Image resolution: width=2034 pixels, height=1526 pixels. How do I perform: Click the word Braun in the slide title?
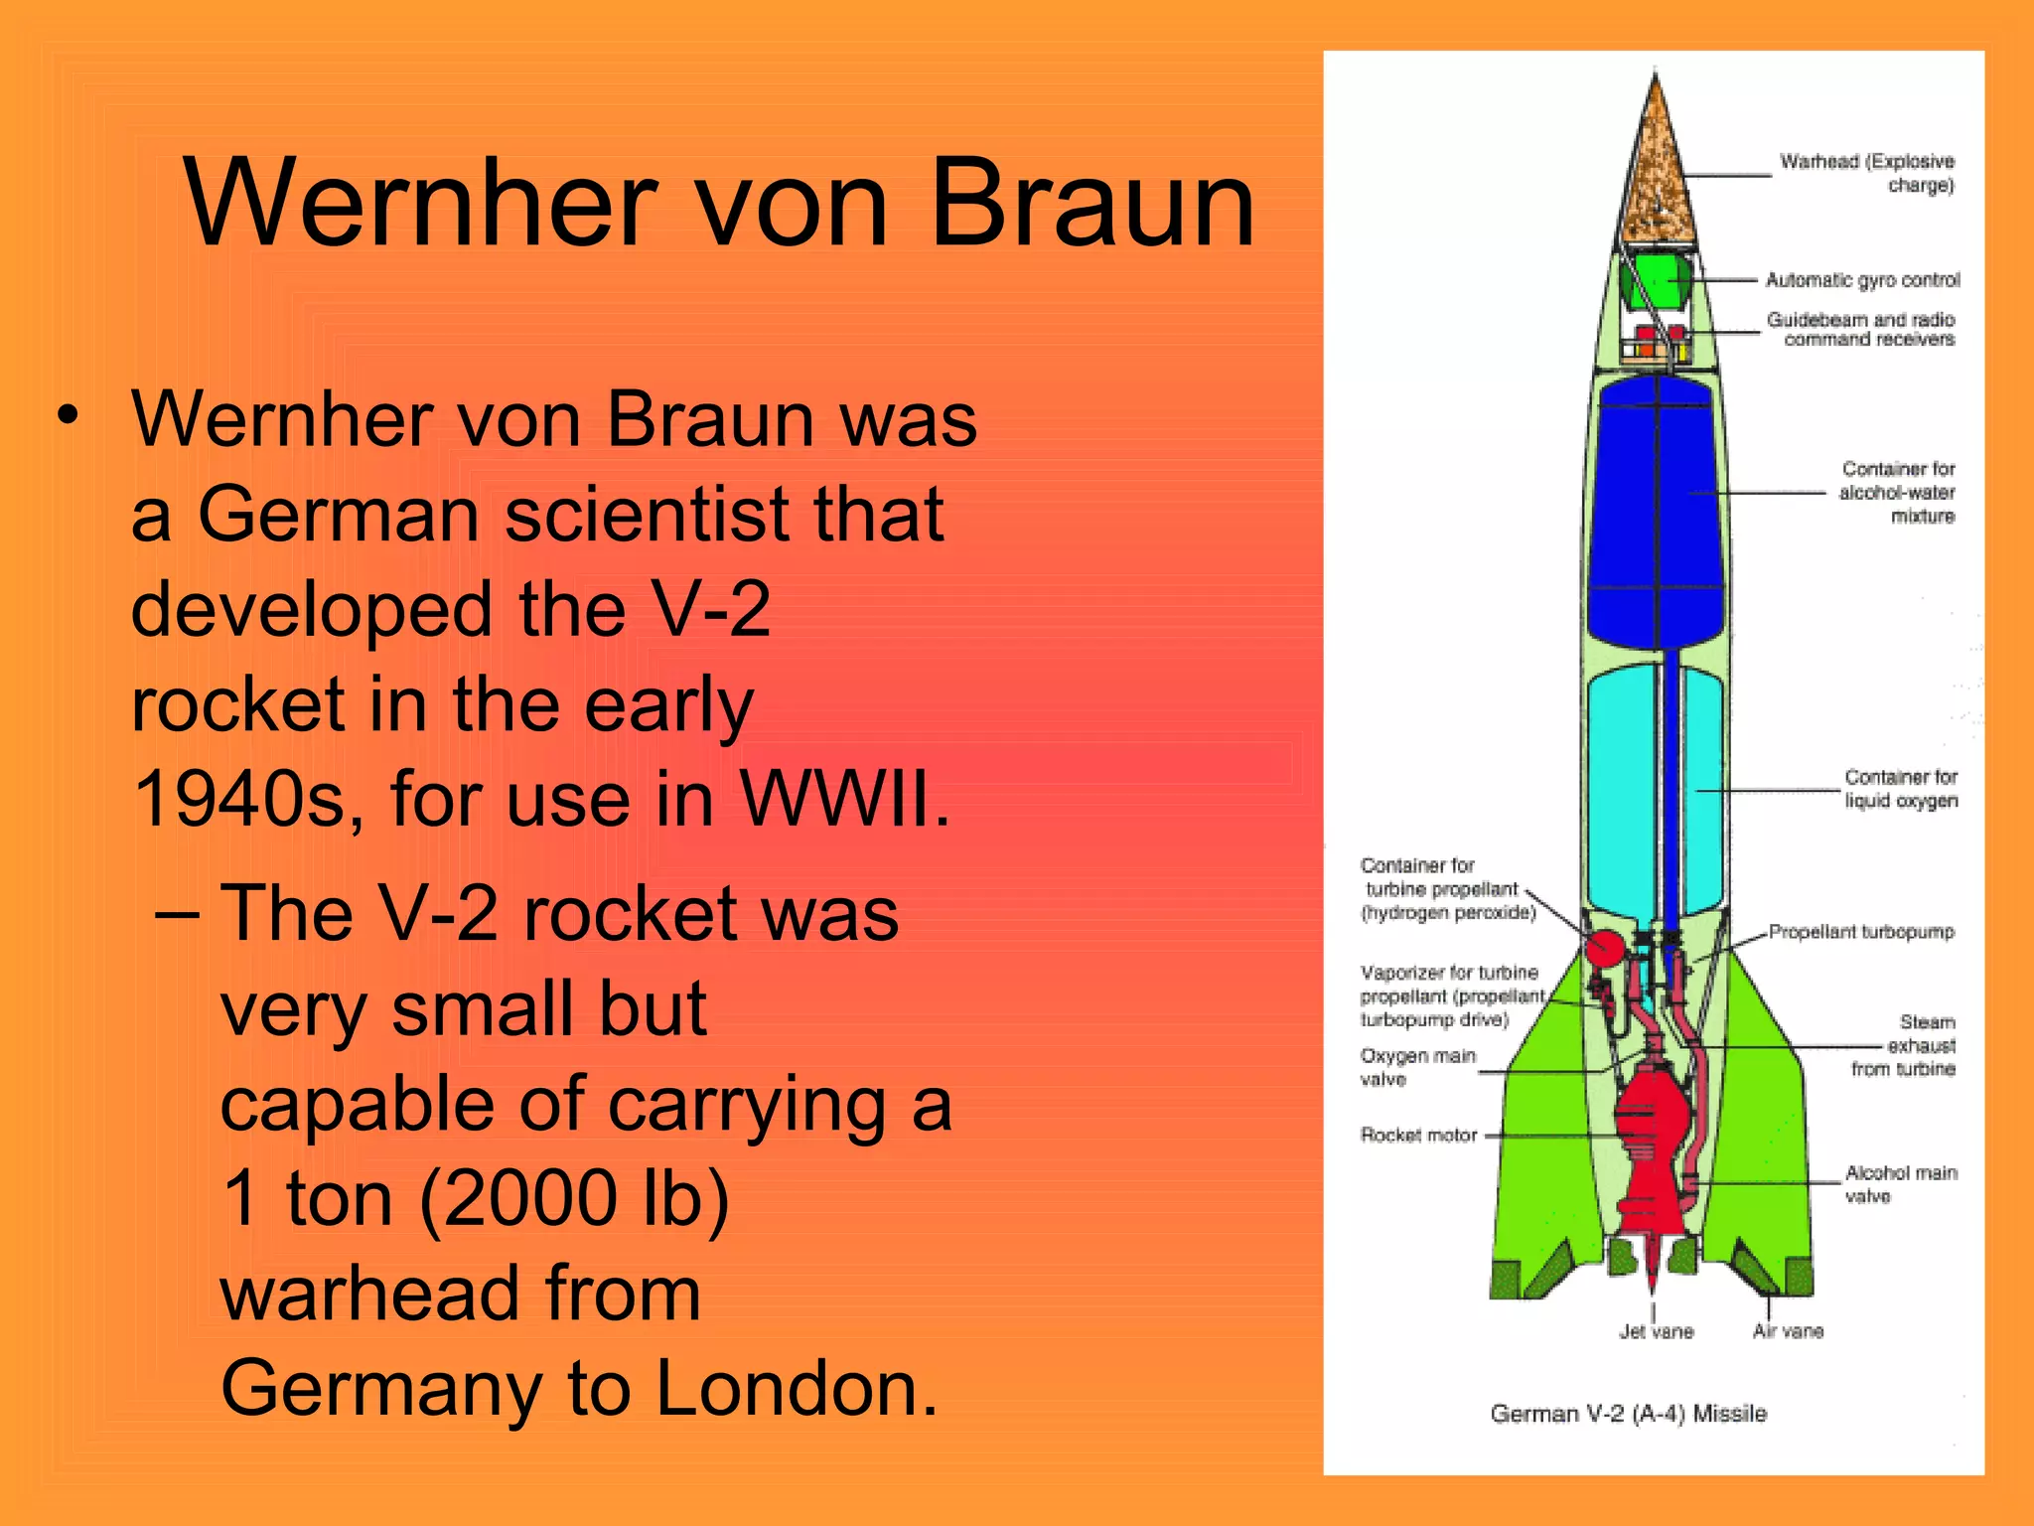point(1092,204)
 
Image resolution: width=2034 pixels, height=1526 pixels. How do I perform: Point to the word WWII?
point(844,799)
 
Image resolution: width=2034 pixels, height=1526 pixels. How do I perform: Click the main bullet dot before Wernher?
point(67,417)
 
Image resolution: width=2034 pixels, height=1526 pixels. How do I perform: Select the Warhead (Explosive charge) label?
point(1866,173)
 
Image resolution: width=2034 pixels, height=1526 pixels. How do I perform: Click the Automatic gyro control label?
point(1862,280)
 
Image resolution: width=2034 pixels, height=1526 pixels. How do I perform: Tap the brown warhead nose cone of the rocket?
point(1655,169)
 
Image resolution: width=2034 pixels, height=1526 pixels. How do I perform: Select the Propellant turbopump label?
point(1860,932)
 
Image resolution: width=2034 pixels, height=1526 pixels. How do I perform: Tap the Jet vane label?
point(1656,1332)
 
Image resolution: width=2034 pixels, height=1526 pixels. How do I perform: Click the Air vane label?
point(1788,1332)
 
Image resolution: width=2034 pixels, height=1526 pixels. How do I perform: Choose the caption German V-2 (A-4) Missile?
point(1629,1414)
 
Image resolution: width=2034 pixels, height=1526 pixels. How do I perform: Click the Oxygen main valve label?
point(1417,1067)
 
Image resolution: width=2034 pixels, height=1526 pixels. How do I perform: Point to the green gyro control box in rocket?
point(1655,282)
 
